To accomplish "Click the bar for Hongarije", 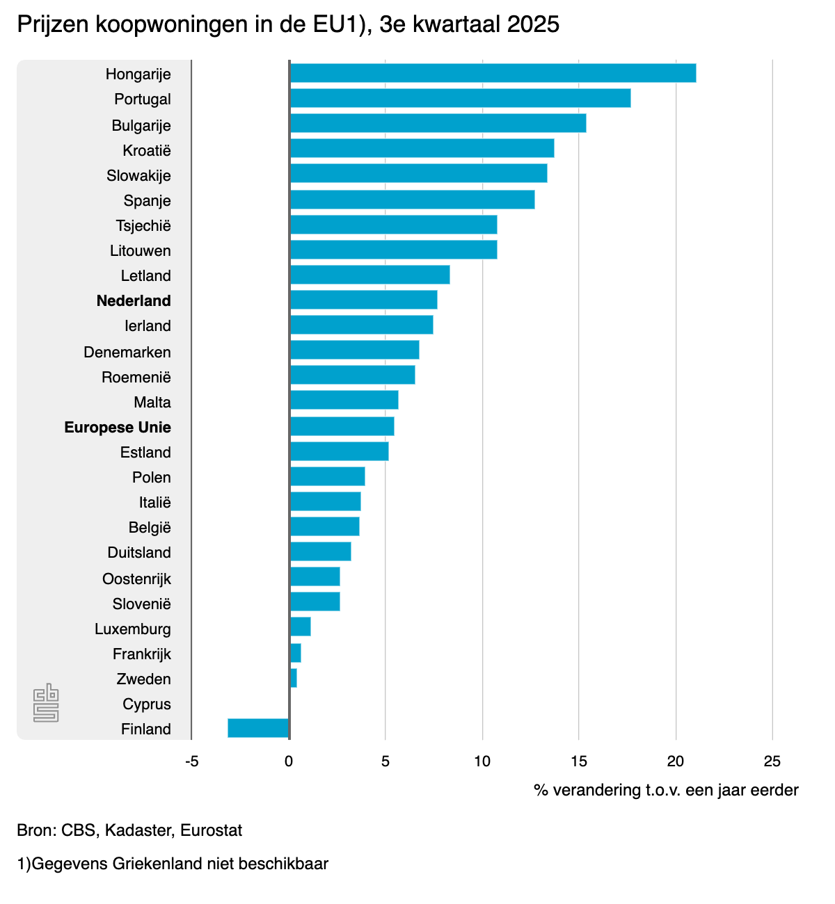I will (x=493, y=73).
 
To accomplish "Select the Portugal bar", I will (x=460, y=98).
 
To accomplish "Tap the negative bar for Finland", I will (x=257, y=728).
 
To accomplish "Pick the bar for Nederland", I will (x=363, y=300).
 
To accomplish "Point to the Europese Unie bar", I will (x=342, y=426).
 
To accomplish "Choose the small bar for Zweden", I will (x=294, y=678).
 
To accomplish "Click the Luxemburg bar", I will (x=301, y=627).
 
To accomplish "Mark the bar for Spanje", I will (x=412, y=200).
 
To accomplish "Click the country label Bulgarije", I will (x=141, y=125).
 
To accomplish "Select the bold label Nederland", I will (x=134, y=300).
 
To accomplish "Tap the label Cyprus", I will (x=147, y=704).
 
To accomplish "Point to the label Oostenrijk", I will (x=136, y=579).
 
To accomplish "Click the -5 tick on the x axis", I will (x=191, y=761).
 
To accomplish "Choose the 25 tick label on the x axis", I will (x=772, y=761).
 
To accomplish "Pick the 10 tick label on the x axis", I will (x=482, y=761).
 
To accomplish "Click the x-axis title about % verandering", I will (x=666, y=790).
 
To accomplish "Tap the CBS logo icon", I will (x=46, y=703).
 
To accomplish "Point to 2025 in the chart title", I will (x=533, y=24).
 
